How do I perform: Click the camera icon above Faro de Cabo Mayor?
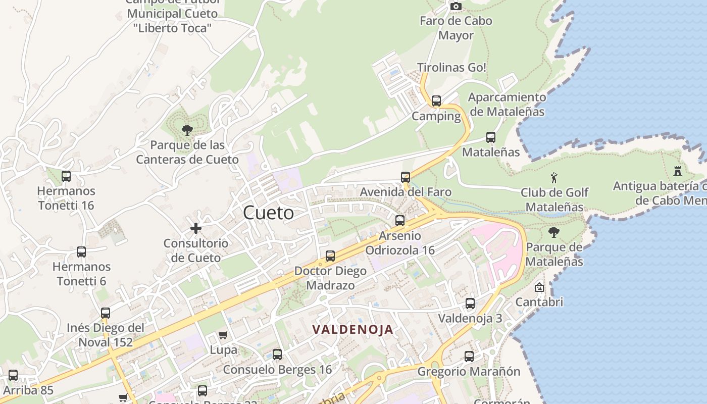coord(456,7)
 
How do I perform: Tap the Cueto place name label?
coord(268,213)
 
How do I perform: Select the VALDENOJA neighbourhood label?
coord(352,330)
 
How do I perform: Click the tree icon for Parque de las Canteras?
coord(187,130)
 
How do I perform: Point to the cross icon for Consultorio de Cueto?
coord(196,228)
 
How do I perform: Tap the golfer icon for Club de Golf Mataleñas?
coord(554,178)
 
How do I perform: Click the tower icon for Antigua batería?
coord(678,171)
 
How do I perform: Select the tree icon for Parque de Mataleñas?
coord(554,232)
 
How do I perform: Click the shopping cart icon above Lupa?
coord(223,335)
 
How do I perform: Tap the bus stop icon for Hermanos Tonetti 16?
coord(66,176)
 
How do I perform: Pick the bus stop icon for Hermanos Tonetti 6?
coord(81,252)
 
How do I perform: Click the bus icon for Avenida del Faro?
coord(406,177)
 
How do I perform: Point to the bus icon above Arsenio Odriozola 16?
coord(400,221)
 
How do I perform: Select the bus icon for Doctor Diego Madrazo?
coord(330,256)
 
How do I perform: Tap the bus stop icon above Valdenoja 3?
coord(470,304)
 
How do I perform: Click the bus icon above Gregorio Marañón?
coord(469,357)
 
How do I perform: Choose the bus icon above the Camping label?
coord(436,101)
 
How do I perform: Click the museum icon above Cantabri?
coord(539,287)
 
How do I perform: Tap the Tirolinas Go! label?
coord(451,67)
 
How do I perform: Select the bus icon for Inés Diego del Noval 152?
coord(106,313)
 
